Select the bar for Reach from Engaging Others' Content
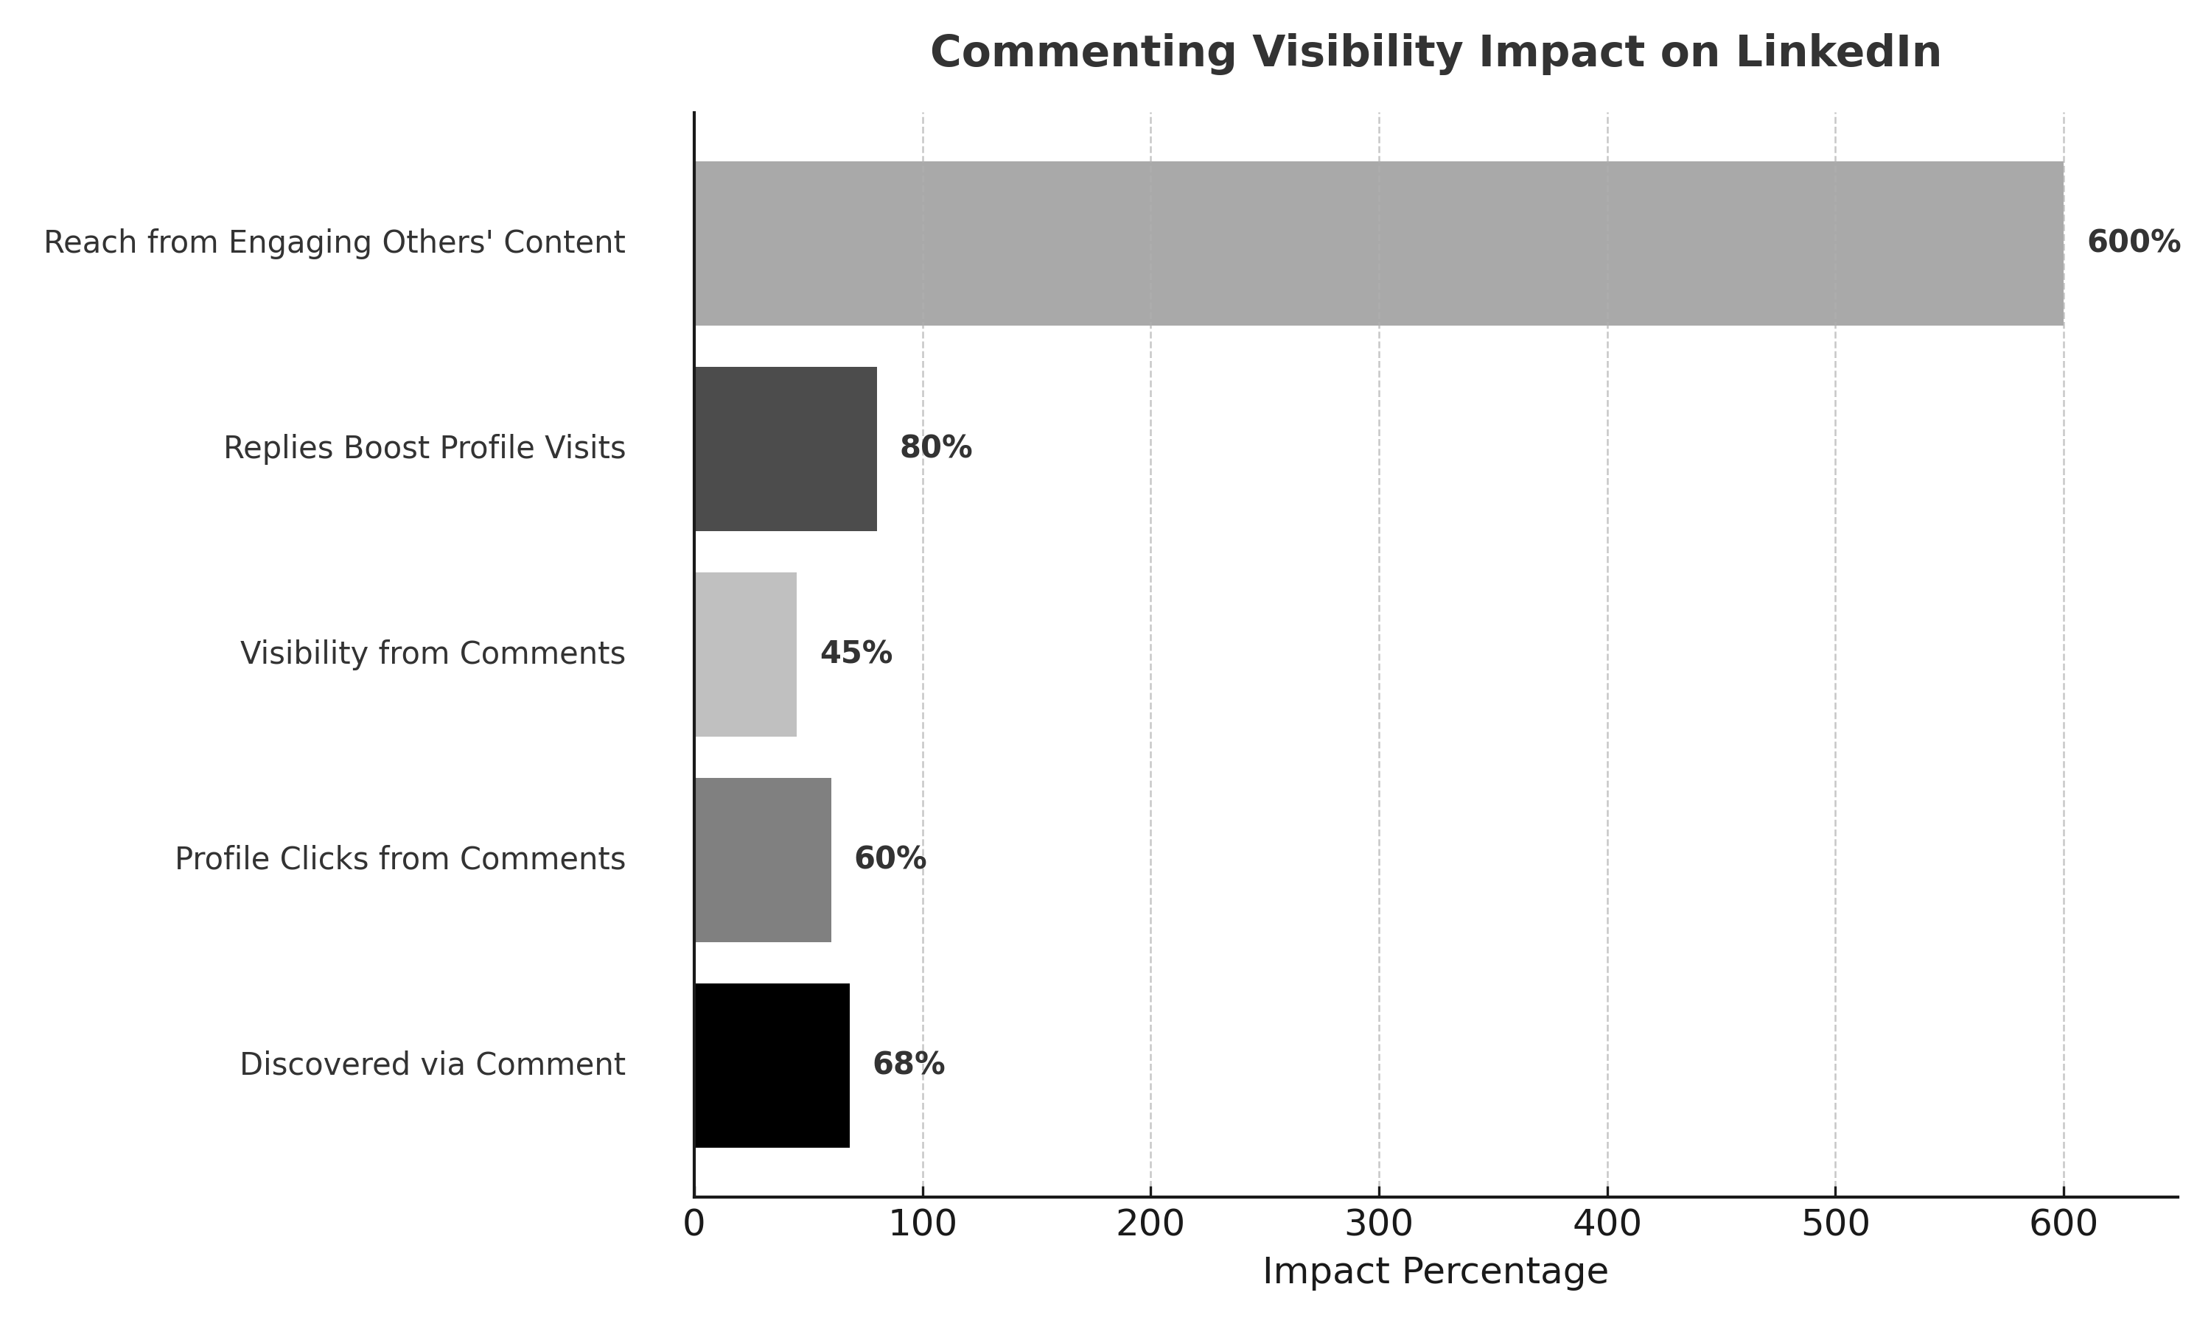point(1378,243)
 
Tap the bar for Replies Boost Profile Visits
point(785,449)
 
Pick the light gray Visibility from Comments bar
point(745,654)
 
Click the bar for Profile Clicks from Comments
point(762,860)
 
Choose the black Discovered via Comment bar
point(771,1065)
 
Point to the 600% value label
point(2132,243)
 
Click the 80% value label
point(935,449)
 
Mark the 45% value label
point(855,654)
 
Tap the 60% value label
point(890,860)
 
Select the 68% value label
point(908,1065)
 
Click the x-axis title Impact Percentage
point(1434,1272)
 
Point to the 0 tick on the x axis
point(694,1224)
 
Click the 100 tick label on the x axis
point(922,1224)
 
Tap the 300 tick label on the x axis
point(1379,1224)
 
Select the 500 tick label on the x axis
point(1834,1224)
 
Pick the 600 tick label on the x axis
point(2063,1224)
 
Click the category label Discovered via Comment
point(433,1065)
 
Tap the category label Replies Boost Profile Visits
point(425,449)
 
